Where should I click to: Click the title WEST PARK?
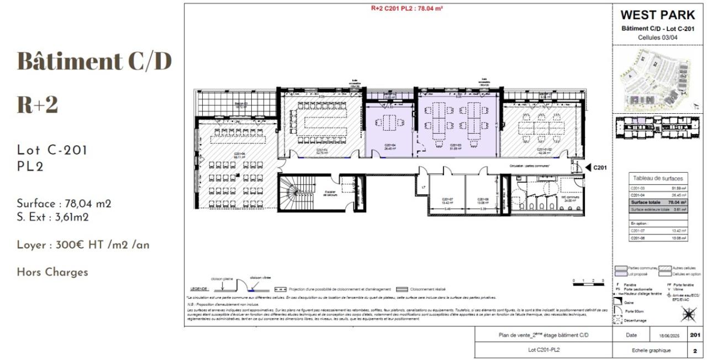pyautogui.click(x=658, y=15)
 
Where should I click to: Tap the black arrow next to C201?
pyautogui.click(x=589, y=167)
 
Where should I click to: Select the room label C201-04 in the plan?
pyautogui.click(x=389, y=146)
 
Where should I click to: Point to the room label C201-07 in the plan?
pyautogui.click(x=447, y=200)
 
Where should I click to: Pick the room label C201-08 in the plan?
pyautogui.click(x=483, y=200)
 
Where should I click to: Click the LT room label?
pyautogui.click(x=423, y=187)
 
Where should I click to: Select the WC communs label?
pyautogui.click(x=569, y=199)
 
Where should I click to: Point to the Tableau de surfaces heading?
pyautogui.click(x=658, y=178)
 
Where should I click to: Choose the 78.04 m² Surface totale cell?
pyautogui.click(x=678, y=203)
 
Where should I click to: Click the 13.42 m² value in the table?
pyautogui.click(x=678, y=231)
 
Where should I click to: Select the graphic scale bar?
pyautogui.click(x=588, y=284)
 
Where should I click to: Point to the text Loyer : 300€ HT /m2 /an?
pyautogui.click(x=83, y=245)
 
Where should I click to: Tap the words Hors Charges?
pyautogui.click(x=52, y=272)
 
